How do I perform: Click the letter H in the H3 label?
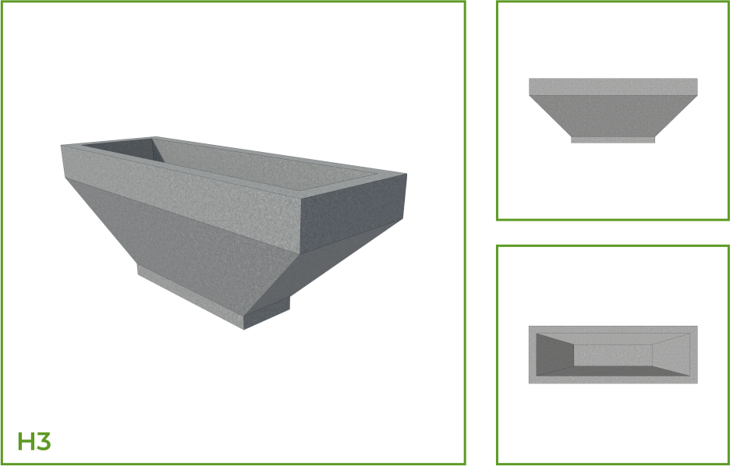coord(25,441)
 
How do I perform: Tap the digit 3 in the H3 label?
coord(43,441)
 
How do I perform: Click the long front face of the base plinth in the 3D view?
coord(190,297)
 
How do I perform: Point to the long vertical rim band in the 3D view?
coord(182,199)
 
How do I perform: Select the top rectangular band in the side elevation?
coord(613,87)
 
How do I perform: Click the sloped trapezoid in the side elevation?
coord(613,116)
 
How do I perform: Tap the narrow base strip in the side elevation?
coord(613,139)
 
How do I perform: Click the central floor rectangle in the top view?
coord(613,355)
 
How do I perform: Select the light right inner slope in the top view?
coord(671,355)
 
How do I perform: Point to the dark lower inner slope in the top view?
coord(613,371)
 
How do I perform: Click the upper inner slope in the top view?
coord(613,339)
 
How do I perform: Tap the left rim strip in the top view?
coord(533,355)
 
